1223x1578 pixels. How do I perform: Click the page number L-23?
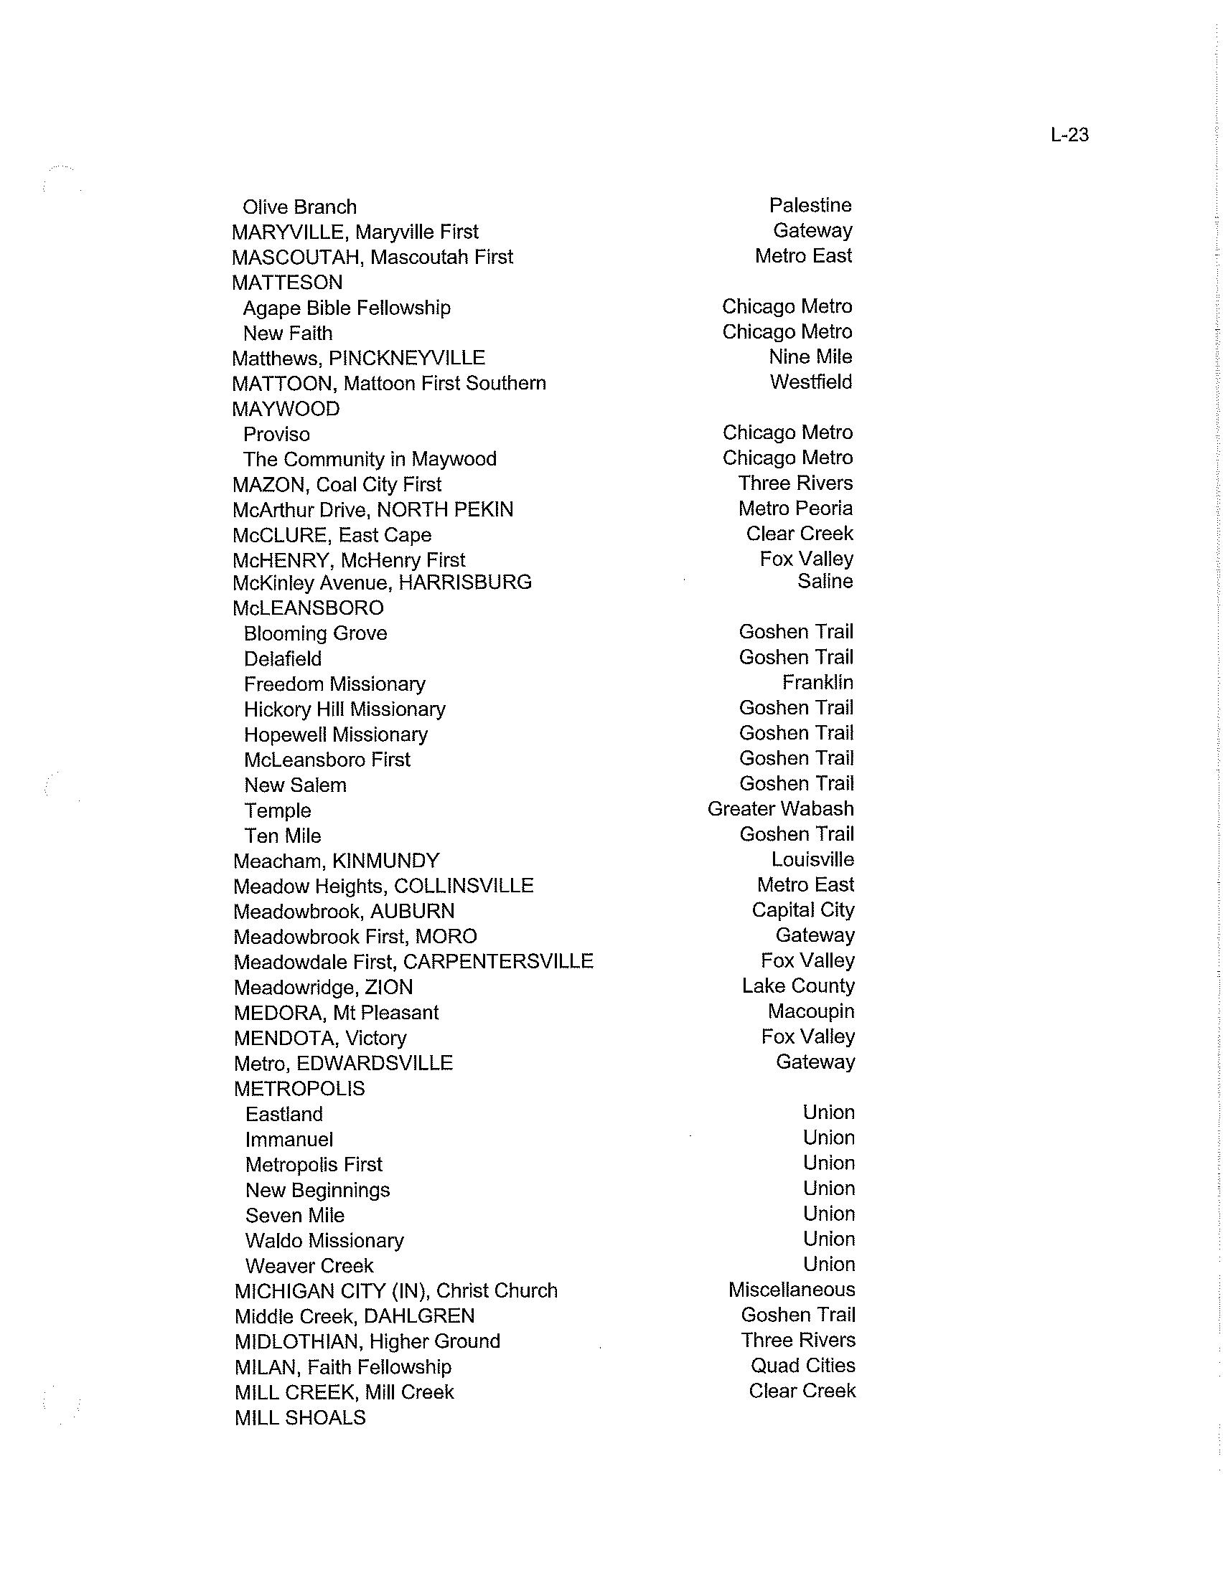[x=1069, y=135]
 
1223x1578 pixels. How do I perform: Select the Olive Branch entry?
[x=299, y=207]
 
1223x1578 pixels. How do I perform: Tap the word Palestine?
[x=810, y=206]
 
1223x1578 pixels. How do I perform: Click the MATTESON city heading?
[x=287, y=283]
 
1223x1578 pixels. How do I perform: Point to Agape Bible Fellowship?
[x=346, y=308]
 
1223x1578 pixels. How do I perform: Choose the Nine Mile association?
[x=810, y=357]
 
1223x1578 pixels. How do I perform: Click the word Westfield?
[x=810, y=382]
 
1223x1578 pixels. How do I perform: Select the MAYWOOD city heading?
[x=286, y=409]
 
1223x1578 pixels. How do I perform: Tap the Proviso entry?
[x=276, y=434]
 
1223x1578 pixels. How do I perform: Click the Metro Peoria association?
[x=795, y=509]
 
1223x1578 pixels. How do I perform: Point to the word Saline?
[x=825, y=582]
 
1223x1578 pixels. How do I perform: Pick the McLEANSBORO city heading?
[x=308, y=608]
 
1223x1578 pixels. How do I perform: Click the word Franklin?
[x=817, y=683]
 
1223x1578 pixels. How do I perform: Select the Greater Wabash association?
[x=781, y=809]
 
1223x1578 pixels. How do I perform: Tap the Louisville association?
[x=812, y=860]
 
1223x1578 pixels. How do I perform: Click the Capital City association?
[x=803, y=910]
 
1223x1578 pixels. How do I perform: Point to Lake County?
[x=798, y=986]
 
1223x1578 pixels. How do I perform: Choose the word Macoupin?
[x=811, y=1011]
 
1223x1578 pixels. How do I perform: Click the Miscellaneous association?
[x=792, y=1290]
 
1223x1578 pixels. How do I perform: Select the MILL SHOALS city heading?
[x=300, y=1417]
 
